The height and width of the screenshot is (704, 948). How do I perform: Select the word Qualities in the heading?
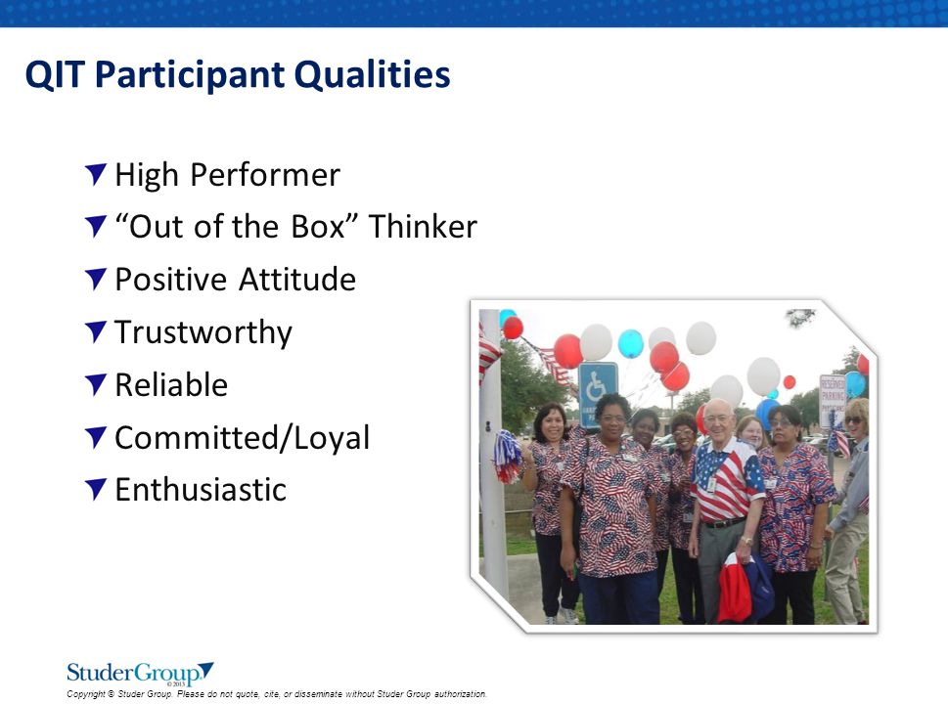pos(373,74)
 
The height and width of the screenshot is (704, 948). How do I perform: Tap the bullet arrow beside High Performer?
pos(96,174)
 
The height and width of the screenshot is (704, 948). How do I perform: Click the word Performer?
pos(265,175)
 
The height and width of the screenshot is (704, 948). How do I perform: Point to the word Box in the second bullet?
pos(317,227)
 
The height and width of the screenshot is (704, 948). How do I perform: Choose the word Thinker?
pos(423,227)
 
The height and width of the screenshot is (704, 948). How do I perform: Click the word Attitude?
pos(296,280)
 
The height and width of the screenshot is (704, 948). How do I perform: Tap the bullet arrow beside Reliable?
pos(96,384)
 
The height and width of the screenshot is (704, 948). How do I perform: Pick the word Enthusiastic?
pos(201,490)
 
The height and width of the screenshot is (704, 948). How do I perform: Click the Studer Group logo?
pos(140,673)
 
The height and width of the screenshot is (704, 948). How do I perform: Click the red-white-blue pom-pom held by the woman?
pos(508,456)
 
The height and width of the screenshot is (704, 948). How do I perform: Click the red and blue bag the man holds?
pos(745,588)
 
